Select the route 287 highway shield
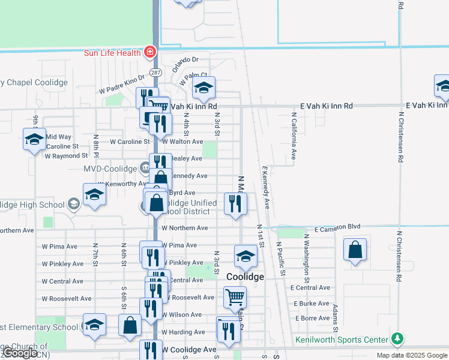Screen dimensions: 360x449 pos(156,72)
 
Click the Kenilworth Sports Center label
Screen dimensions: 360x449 pos(342,340)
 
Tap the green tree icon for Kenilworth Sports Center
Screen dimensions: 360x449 pos(396,339)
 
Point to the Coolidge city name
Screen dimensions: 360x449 pos(245,277)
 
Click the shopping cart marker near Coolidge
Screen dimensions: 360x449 pos(235,296)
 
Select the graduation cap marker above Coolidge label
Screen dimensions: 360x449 pos(245,256)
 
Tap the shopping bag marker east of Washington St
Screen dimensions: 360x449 pos(355,249)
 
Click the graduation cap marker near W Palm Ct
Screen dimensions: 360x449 pos(203,88)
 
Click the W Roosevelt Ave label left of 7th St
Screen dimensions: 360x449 pos(67,298)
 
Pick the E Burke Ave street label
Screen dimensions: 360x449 pos(312,304)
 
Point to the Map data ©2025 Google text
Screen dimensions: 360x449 pos(412,355)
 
